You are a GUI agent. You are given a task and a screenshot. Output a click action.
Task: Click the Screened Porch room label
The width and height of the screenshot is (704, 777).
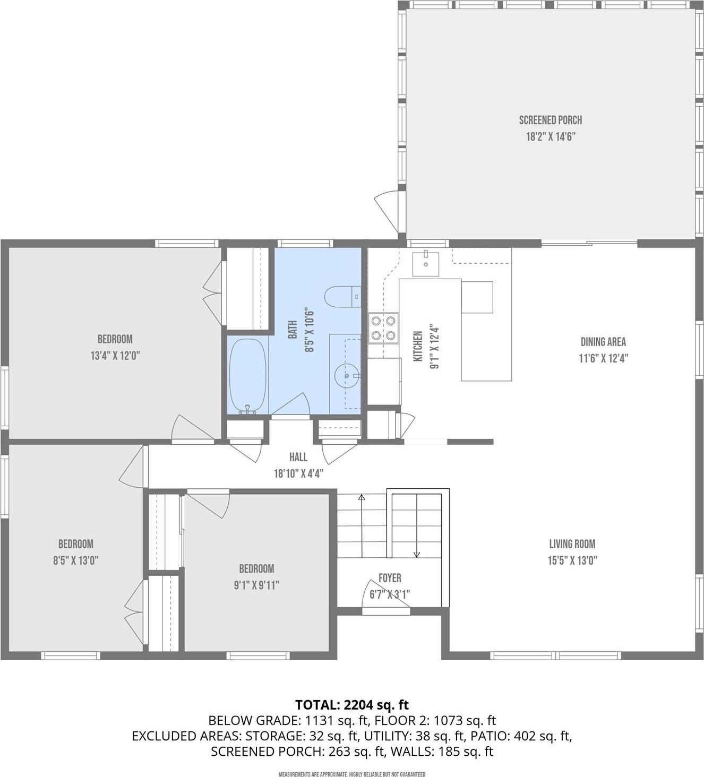click(x=550, y=120)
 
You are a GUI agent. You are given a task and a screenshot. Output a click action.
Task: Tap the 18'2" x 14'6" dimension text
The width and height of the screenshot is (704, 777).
click(x=550, y=137)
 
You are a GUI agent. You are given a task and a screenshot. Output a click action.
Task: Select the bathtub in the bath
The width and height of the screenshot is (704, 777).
click(x=247, y=375)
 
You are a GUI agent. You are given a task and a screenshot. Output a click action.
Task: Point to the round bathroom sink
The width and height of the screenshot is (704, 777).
click(x=347, y=376)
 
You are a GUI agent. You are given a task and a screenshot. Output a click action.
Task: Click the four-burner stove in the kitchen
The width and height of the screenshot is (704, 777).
click(x=383, y=328)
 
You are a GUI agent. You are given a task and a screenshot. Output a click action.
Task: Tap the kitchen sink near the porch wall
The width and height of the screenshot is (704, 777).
click(x=426, y=264)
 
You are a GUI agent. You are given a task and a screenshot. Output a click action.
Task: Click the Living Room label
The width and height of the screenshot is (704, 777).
click(x=572, y=544)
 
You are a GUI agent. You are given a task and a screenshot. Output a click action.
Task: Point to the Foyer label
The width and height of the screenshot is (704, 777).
click(x=390, y=578)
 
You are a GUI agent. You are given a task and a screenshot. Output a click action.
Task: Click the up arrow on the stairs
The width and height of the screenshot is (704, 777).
click(x=362, y=498)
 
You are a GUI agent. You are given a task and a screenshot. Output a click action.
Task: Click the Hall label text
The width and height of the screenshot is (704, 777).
click(x=298, y=457)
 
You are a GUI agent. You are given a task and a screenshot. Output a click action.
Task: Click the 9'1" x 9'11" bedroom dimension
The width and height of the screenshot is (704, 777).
click(x=256, y=585)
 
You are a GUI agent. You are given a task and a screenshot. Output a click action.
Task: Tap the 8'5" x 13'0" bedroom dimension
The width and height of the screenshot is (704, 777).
click(x=75, y=560)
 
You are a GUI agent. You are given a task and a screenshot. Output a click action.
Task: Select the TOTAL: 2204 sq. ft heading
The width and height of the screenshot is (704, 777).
click(x=352, y=705)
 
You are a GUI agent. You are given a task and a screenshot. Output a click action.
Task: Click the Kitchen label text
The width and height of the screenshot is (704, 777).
click(x=418, y=346)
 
